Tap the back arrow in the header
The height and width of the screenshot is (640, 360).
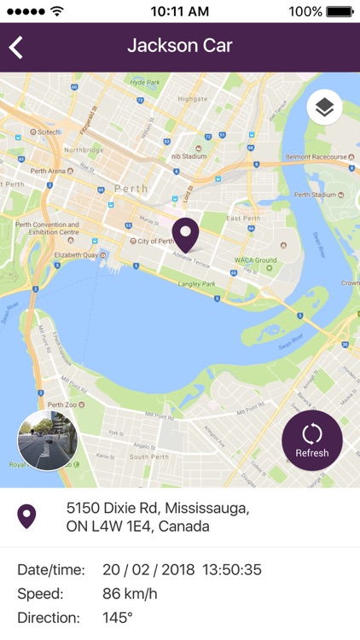pyautogui.click(x=16, y=47)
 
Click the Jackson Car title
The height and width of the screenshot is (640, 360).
pyautogui.click(x=180, y=46)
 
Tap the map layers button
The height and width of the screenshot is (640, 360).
pyautogui.click(x=324, y=108)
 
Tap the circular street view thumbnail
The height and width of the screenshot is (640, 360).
pyautogui.click(x=48, y=440)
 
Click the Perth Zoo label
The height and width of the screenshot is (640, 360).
pyautogui.click(x=66, y=404)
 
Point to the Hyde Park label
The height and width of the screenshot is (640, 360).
pyautogui.click(x=145, y=82)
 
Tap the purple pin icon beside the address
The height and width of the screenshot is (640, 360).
pyautogui.click(x=27, y=516)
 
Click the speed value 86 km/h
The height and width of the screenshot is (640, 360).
pyautogui.click(x=130, y=594)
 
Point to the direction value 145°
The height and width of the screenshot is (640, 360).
pyautogui.click(x=118, y=618)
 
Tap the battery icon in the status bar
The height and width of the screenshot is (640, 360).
pyautogui.click(x=340, y=12)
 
